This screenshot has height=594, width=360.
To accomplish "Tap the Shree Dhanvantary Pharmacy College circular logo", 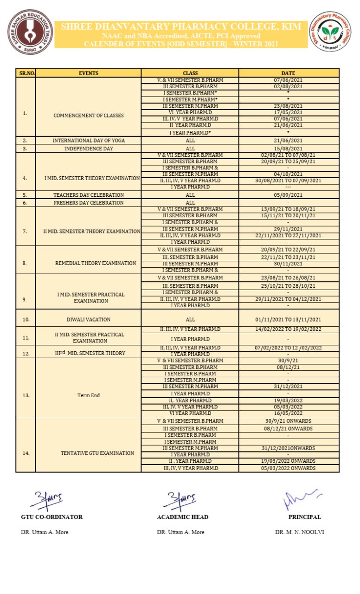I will tap(330, 32).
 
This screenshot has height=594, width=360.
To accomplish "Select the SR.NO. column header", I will tap(26, 73).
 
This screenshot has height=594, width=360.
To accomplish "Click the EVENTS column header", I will tap(88, 73).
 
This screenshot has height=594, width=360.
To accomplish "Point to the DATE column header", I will tap(288, 73).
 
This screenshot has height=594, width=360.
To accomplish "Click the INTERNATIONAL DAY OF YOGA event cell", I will tap(88, 140).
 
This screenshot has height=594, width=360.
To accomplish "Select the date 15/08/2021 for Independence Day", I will tap(288, 148).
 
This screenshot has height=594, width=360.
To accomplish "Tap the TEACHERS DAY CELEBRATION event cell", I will tap(88, 195).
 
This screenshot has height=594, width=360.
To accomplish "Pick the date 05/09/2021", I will tap(288, 195).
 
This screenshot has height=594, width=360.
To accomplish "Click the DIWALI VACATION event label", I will tap(88, 319).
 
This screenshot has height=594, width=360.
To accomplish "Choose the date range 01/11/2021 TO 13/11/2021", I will tap(288, 319).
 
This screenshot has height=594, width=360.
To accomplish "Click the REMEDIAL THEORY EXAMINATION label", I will tap(96, 263).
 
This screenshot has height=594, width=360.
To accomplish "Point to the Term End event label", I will tap(88, 395).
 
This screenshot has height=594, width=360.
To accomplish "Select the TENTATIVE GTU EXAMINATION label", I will tap(97, 453).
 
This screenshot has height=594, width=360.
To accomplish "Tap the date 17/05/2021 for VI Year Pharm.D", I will tap(288, 112).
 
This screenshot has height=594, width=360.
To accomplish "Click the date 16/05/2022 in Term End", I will tap(288, 413).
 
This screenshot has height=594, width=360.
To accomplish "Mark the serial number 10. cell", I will tap(26, 319).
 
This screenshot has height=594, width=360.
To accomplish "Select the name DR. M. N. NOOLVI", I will tap(300, 532).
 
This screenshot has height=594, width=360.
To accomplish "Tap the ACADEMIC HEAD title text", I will tap(182, 517).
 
